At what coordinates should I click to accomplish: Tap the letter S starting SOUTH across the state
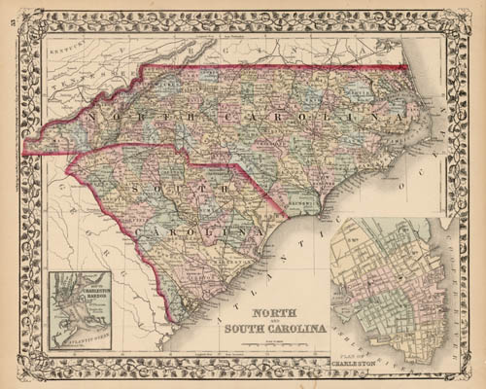[148, 188]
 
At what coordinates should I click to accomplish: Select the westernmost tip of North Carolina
[27, 152]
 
